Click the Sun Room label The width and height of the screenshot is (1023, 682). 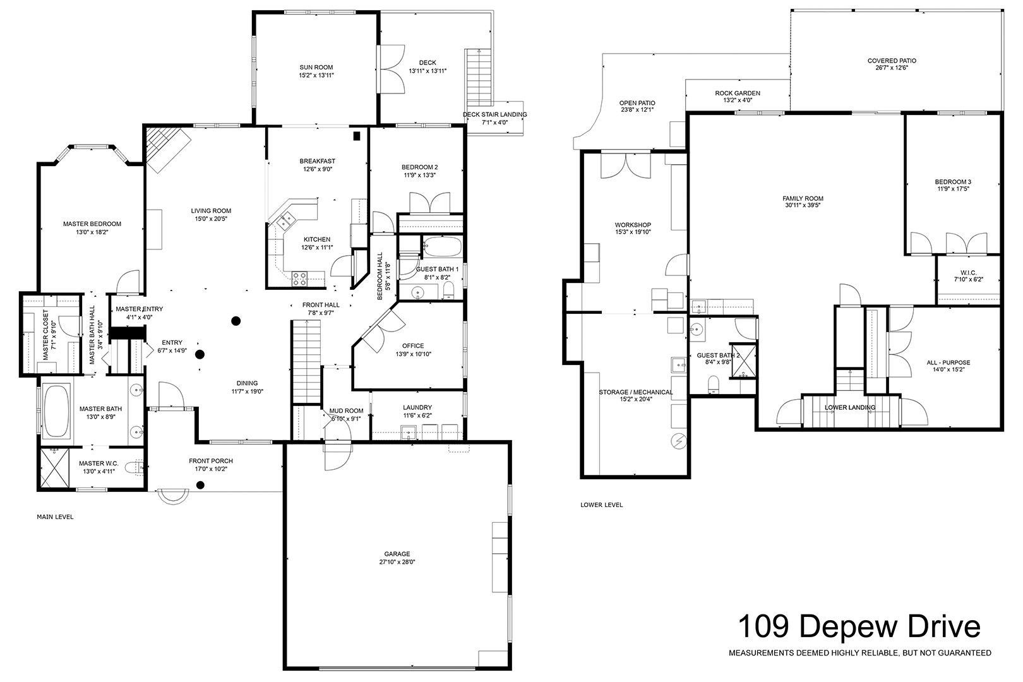(x=316, y=67)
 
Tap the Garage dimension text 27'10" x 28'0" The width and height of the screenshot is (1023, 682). (x=397, y=562)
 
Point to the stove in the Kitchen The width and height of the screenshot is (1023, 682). (x=299, y=278)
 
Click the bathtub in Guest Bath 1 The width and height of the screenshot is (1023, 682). (x=442, y=247)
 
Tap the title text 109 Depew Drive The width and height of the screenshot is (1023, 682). (x=859, y=626)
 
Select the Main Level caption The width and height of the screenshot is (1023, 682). (x=56, y=517)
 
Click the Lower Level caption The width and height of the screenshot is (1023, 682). (x=601, y=505)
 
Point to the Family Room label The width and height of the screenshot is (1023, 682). (x=803, y=198)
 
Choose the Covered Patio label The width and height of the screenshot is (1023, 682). (x=892, y=60)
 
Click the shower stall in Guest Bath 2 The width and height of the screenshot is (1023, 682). (x=744, y=361)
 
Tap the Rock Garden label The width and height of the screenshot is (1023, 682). (x=738, y=93)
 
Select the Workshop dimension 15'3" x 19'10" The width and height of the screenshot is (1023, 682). (x=633, y=232)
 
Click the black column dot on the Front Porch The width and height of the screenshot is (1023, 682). (x=200, y=485)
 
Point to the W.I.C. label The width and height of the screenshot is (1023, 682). (x=968, y=273)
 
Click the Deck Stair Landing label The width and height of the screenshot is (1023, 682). (x=494, y=114)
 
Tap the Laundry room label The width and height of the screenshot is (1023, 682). (x=417, y=407)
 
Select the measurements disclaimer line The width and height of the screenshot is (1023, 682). (x=860, y=653)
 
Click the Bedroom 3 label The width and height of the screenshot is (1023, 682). (x=953, y=181)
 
